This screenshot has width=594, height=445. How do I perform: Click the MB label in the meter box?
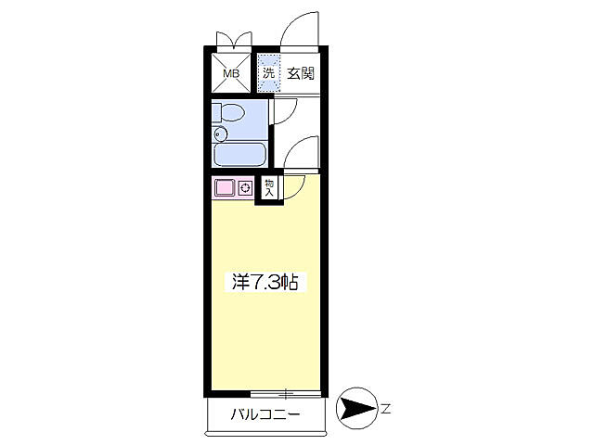[230, 72]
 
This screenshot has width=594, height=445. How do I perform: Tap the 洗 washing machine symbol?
[268, 74]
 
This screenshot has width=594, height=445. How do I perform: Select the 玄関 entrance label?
[298, 73]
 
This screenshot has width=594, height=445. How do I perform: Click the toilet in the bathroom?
[231, 114]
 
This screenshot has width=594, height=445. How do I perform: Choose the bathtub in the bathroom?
[240, 153]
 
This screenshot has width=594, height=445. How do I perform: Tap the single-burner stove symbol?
[246, 187]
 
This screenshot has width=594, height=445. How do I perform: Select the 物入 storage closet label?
[268, 187]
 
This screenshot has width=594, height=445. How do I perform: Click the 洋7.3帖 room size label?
[265, 283]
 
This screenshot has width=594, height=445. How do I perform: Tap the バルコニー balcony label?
[265, 414]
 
